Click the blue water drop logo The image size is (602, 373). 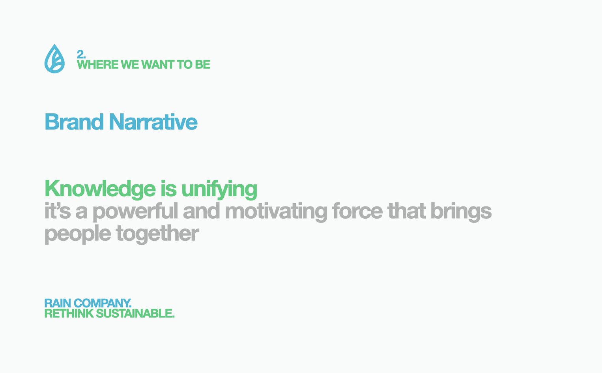click(x=54, y=59)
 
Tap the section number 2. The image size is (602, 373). click(x=81, y=54)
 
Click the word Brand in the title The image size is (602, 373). click(x=74, y=122)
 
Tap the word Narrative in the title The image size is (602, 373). click(x=153, y=122)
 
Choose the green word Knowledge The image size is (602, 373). click(x=100, y=189)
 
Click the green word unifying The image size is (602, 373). click(x=219, y=189)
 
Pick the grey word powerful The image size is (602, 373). click(x=135, y=212)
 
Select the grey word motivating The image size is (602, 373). click(x=276, y=212)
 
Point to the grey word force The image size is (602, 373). click(x=357, y=211)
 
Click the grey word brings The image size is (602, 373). click(x=461, y=212)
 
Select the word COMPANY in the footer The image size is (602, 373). click(x=103, y=303)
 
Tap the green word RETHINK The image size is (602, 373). click(x=69, y=313)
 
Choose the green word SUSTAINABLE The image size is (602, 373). click(x=135, y=313)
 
